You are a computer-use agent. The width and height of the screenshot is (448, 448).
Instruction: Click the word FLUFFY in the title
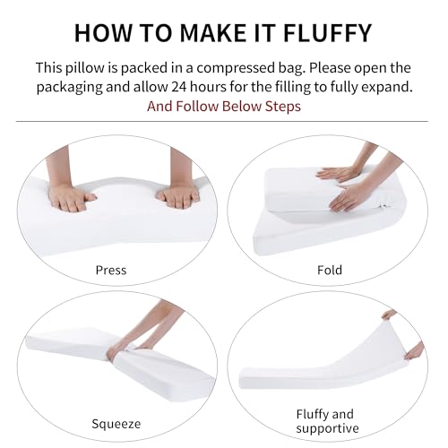327,32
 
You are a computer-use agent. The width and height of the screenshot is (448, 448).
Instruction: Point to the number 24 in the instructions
179,87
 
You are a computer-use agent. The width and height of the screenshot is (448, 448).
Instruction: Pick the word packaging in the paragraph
69,88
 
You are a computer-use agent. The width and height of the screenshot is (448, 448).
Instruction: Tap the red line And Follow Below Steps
224,107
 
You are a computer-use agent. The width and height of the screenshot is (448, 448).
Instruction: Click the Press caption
111,270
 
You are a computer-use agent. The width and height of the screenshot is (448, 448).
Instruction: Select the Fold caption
330,270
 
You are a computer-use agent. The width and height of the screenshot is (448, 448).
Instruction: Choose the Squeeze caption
116,424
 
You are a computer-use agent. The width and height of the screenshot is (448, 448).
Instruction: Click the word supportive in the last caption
327,428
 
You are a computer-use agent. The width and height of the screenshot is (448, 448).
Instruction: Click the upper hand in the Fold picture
338,174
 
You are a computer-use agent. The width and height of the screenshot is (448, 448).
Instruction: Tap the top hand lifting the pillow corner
389,314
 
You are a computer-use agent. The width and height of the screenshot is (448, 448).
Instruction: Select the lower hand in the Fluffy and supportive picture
415,351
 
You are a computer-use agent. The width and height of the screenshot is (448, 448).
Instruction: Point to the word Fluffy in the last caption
312,415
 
